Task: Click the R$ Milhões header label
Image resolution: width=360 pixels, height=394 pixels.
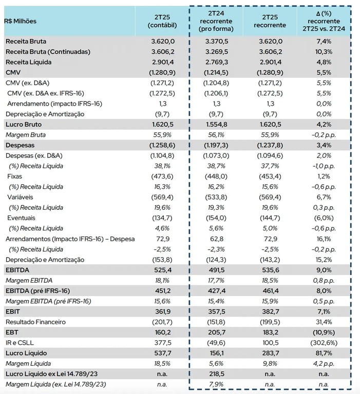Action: click(21, 21)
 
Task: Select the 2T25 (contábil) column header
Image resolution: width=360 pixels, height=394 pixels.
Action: click(162, 21)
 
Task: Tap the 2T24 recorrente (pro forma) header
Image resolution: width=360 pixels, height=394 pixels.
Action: click(216, 21)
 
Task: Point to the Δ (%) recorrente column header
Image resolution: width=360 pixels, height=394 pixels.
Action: click(324, 21)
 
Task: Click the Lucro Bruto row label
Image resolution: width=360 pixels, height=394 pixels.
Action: click(24, 124)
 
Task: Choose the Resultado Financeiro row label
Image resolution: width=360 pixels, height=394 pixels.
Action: click(35, 322)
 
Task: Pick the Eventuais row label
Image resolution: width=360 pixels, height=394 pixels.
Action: click(21, 218)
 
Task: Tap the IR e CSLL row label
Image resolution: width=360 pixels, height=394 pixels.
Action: click(20, 343)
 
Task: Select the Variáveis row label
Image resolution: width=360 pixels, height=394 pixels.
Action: click(20, 197)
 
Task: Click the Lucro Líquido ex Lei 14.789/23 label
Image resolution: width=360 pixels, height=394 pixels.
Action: click(51, 374)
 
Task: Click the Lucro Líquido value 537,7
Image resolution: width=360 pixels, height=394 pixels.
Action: click(162, 353)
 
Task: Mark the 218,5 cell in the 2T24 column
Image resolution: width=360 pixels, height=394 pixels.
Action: click(216, 374)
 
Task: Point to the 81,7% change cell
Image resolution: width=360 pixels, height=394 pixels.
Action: click(324, 353)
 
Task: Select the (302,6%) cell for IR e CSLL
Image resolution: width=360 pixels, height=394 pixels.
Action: click(324, 343)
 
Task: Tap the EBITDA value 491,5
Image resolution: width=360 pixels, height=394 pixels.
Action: click(216, 270)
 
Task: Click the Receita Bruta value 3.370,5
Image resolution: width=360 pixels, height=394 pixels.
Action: click(216, 41)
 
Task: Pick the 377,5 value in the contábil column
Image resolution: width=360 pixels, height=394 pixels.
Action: click(162, 343)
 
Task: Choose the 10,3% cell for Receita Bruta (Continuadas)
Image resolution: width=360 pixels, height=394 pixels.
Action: click(324, 52)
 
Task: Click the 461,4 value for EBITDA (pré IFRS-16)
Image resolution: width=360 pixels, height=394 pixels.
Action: click(270, 291)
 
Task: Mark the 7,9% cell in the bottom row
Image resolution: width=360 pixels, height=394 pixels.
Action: click(216, 384)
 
